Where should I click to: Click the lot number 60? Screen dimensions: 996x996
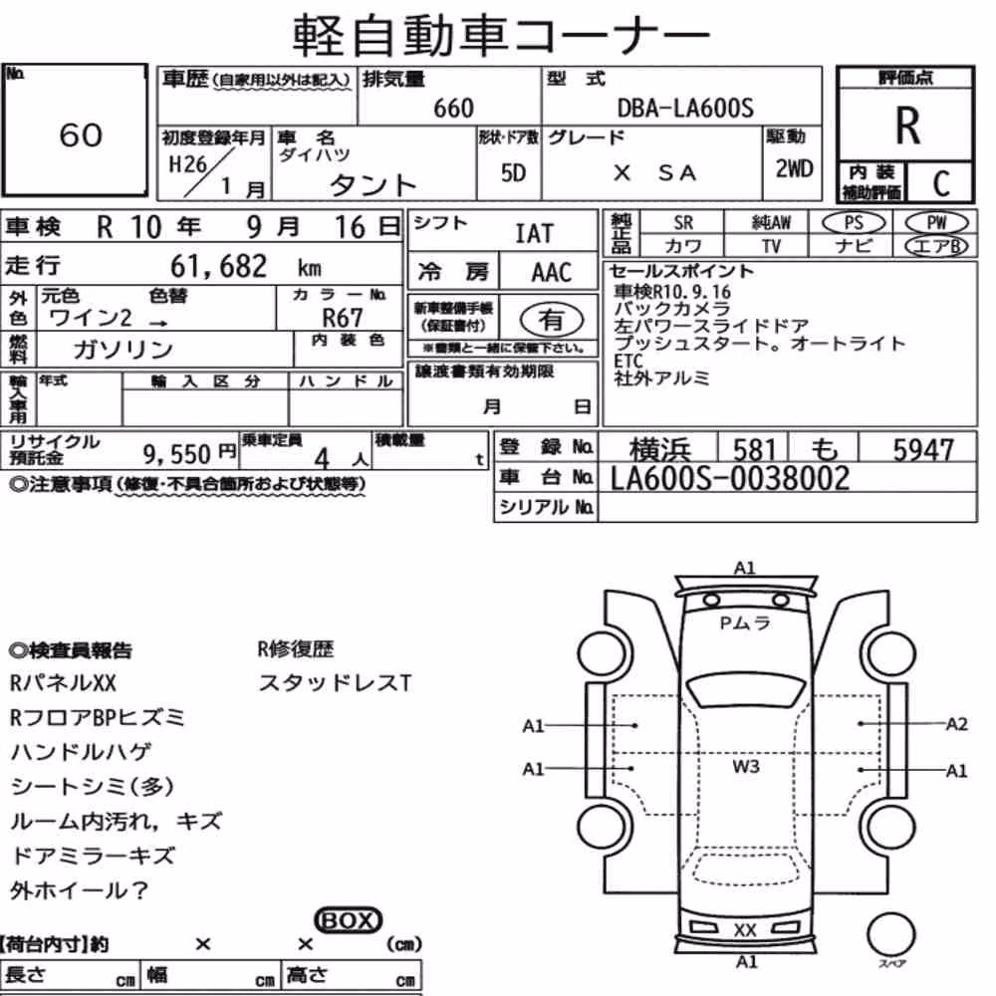(x=81, y=134)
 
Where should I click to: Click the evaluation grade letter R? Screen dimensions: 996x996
(x=907, y=125)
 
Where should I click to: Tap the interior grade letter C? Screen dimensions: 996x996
(x=941, y=183)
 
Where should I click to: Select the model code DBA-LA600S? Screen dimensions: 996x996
(x=685, y=108)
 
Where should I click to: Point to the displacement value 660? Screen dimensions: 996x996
(x=453, y=109)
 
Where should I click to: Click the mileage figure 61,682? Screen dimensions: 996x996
(x=218, y=266)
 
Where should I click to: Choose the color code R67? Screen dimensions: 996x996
(x=343, y=318)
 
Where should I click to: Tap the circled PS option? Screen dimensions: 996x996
(x=854, y=223)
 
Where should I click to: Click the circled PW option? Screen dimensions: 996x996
(x=936, y=223)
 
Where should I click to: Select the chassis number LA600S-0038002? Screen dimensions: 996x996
(x=730, y=479)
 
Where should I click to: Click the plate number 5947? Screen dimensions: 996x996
(x=923, y=450)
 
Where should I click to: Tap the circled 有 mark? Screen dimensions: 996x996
(x=551, y=319)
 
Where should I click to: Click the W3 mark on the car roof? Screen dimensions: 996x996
(x=746, y=767)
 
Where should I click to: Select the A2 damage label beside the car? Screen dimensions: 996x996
(x=956, y=724)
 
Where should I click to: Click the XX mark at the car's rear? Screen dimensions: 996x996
(x=745, y=930)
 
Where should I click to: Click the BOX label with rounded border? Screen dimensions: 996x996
(x=348, y=920)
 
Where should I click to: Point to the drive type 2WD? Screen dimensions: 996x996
(x=794, y=169)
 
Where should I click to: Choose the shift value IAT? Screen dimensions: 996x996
(x=534, y=234)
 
